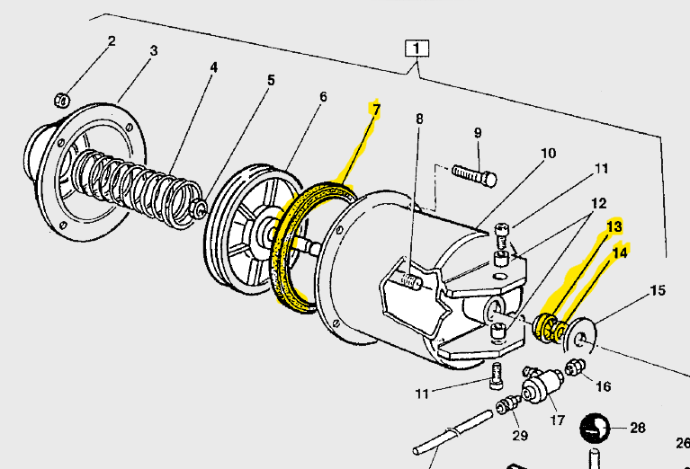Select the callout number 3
[x=154, y=50]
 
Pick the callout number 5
[x=270, y=79]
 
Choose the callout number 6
[x=322, y=96]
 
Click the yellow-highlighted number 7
[x=376, y=110]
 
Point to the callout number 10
[x=549, y=153]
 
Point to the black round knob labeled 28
[x=595, y=429]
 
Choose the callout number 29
[x=520, y=436]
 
